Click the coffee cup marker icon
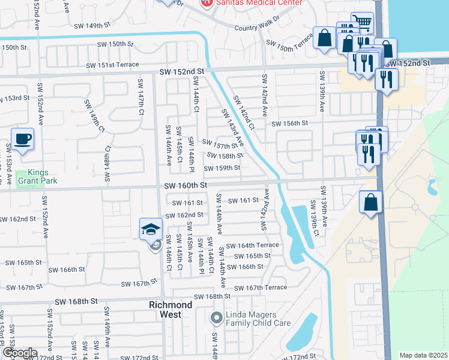(22, 139)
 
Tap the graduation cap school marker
(151, 229)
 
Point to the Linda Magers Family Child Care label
(258, 319)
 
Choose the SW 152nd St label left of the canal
(182, 71)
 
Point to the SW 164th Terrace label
(252, 245)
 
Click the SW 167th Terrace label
(261, 288)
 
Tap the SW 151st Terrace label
(113, 65)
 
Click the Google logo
(20, 353)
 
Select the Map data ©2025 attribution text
(424, 355)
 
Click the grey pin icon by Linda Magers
(217, 317)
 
